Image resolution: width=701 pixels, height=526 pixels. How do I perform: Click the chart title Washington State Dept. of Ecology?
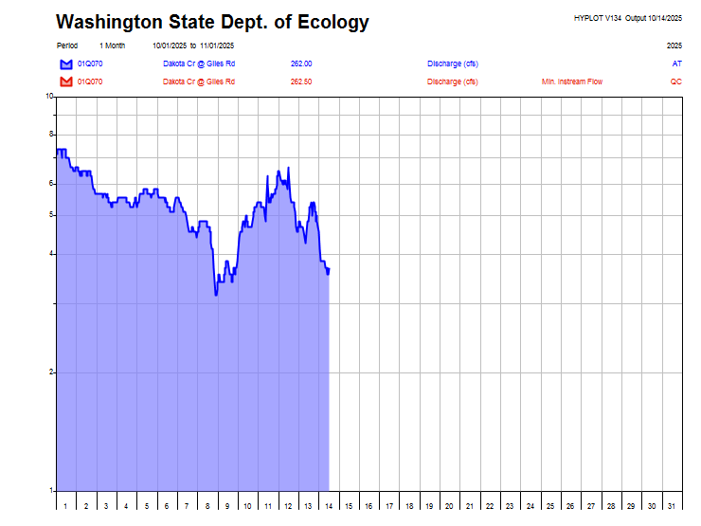click(x=212, y=22)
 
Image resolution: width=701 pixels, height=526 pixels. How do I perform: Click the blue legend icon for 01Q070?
click(x=66, y=63)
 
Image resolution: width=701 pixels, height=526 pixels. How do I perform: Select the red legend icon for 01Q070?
click(x=66, y=82)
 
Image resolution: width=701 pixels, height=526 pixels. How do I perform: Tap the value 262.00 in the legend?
click(x=301, y=63)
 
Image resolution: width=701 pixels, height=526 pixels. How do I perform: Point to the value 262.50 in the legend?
click(x=301, y=82)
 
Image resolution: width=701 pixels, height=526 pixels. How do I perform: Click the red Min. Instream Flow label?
click(x=571, y=82)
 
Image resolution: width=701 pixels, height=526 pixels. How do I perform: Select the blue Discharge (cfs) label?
click(x=452, y=63)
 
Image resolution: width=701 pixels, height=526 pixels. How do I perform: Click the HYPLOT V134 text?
click(x=598, y=18)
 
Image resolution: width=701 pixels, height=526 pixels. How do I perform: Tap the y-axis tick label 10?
click(x=49, y=97)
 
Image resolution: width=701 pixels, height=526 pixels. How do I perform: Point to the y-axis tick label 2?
click(x=51, y=372)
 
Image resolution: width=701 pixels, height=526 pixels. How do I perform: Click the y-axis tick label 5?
click(x=51, y=215)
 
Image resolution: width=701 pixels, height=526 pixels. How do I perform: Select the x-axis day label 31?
click(x=672, y=507)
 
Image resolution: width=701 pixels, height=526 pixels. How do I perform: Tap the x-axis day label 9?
click(x=226, y=507)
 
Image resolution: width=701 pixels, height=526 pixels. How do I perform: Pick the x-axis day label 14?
click(x=328, y=507)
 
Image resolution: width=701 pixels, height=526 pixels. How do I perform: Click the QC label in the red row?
click(x=675, y=82)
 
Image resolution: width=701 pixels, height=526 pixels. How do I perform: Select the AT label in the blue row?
click(x=676, y=63)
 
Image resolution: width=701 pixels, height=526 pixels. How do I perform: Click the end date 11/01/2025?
click(x=217, y=45)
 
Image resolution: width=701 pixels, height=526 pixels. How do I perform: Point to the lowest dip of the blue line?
click(x=216, y=295)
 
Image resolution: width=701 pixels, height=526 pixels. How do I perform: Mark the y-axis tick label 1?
click(x=51, y=491)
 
